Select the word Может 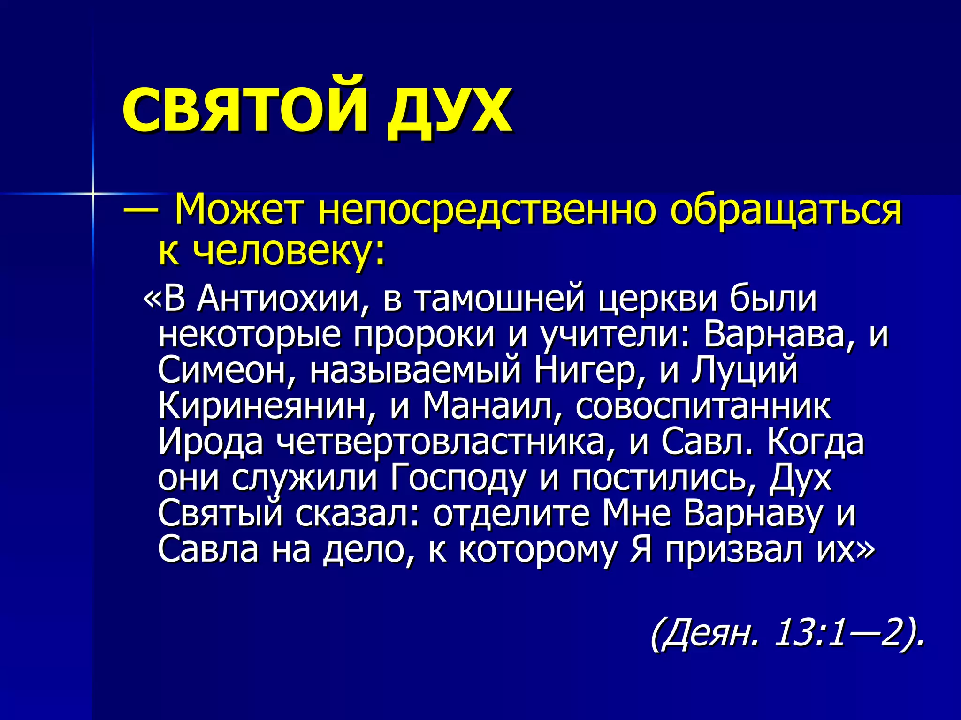[x=237, y=210]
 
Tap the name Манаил [x=493, y=406]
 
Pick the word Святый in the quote [x=221, y=514]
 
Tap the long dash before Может [x=140, y=210]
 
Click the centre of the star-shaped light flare [x=93, y=193]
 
